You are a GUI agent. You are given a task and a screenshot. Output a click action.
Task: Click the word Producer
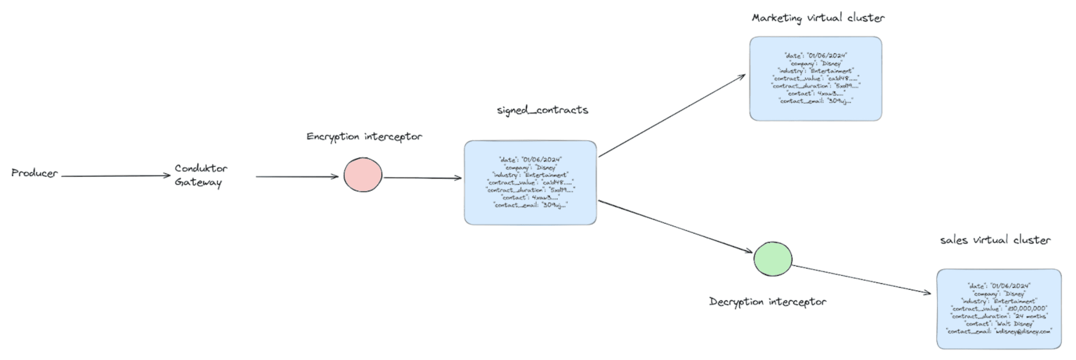[35, 173]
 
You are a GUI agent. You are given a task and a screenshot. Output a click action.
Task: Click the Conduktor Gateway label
[200, 175]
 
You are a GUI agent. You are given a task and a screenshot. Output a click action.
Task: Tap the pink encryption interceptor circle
[363, 175]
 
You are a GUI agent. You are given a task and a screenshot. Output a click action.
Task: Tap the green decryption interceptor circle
[772, 259]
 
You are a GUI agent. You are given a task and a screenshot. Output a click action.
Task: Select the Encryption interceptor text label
[364, 136]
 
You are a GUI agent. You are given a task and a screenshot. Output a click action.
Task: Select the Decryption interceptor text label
[767, 302]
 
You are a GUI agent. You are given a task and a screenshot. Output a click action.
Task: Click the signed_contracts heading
[542, 110]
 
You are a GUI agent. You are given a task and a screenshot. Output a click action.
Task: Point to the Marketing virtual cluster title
[818, 18]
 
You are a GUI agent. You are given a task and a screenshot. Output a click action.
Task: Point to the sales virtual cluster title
[995, 240]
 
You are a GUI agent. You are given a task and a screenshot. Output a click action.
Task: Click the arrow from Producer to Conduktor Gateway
[116, 176]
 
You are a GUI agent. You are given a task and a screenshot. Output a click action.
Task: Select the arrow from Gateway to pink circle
[296, 177]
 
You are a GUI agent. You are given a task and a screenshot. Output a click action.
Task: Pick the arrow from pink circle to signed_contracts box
[422, 178]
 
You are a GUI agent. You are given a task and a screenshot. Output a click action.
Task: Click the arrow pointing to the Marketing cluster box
[671, 116]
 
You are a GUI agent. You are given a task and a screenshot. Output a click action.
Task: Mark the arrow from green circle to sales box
[860, 279]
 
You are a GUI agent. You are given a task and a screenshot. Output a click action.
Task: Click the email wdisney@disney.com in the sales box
[1023, 332]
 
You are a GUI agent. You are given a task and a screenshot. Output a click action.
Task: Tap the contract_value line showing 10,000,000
[999, 309]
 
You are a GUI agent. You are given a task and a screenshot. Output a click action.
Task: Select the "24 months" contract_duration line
[999, 316]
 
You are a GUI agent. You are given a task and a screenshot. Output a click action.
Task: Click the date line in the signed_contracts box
[530, 160]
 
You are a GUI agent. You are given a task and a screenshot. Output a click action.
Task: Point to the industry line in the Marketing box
[816, 71]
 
